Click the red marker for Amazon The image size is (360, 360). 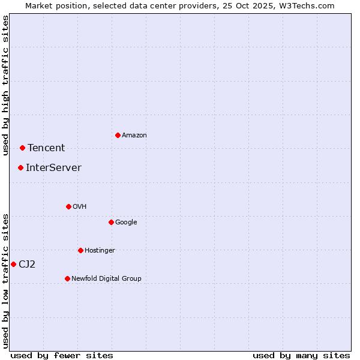[118, 135]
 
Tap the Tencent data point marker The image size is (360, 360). [22, 148]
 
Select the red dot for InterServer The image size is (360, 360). [20, 167]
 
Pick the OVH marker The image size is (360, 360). [68, 206]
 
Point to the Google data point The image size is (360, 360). [111, 222]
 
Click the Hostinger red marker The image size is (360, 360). [80, 250]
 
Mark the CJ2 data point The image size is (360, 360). [13, 264]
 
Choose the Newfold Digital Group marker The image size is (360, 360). [67, 278]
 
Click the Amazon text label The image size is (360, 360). [134, 136]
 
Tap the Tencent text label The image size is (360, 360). [46, 148]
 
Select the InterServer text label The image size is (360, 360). [53, 168]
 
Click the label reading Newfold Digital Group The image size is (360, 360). [106, 278]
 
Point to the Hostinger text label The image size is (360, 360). [100, 250]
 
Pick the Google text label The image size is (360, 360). [126, 222]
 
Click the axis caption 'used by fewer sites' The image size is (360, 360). [62, 355]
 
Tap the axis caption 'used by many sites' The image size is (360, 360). [301, 355]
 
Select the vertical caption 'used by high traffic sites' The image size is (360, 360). [6, 85]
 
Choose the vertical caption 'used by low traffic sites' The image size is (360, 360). [6, 281]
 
